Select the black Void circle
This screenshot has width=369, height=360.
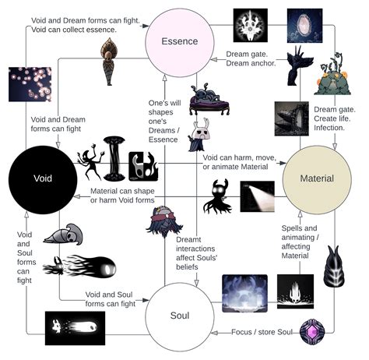(42, 178)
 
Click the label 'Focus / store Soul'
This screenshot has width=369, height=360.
(262, 333)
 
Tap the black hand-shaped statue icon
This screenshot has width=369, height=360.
(299, 65)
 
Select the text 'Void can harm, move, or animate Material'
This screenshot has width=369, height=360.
(237, 161)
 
